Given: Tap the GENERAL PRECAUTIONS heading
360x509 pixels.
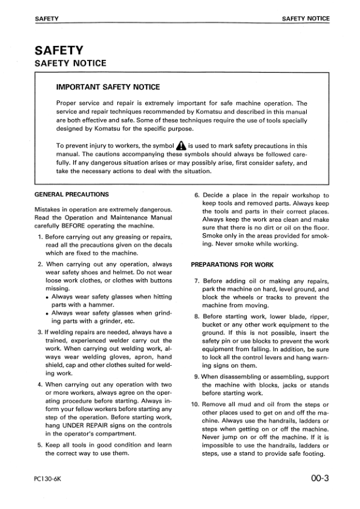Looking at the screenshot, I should (72, 195).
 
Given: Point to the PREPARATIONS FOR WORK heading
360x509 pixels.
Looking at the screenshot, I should (232, 264).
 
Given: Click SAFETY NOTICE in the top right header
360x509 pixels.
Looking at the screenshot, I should (306, 19).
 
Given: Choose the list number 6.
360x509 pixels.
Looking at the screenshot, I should (197, 195).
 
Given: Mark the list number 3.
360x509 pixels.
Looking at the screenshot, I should (39, 332).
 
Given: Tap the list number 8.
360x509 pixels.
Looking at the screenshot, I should (197, 316).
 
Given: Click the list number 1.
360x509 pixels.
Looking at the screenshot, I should (40, 236).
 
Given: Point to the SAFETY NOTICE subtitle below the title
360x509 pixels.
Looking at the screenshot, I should (71, 63).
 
